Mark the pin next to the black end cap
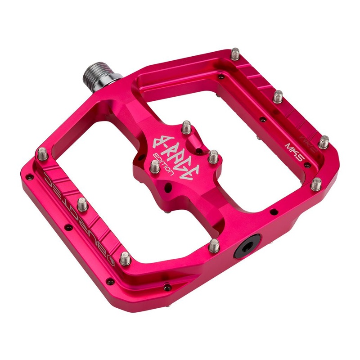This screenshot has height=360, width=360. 214,245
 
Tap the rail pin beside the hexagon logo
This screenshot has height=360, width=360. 126,258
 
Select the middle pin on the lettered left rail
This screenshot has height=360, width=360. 82,205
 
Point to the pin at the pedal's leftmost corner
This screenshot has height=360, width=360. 41,153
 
